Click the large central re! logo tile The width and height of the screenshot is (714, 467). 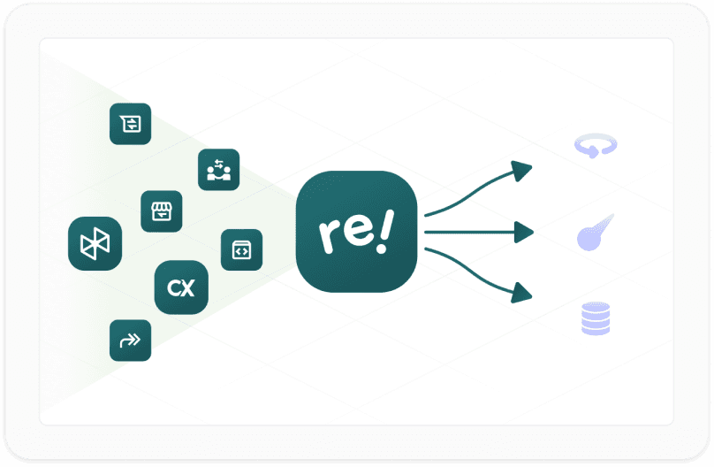click(x=356, y=232)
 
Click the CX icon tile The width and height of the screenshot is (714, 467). click(x=181, y=287)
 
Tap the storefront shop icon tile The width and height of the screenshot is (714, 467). click(x=162, y=211)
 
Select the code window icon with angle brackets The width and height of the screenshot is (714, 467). click(x=241, y=250)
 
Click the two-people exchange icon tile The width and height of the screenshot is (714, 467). click(x=218, y=170)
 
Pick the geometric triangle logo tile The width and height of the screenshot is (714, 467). click(x=95, y=243)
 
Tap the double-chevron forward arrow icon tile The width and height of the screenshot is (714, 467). click(x=130, y=341)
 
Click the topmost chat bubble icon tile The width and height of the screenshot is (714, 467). click(x=130, y=124)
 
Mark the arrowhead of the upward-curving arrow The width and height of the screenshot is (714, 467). click(x=523, y=169)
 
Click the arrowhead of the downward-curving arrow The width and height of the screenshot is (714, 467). click(x=523, y=294)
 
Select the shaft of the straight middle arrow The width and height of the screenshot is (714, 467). click(x=468, y=233)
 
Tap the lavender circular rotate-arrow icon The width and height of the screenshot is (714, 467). click(x=596, y=146)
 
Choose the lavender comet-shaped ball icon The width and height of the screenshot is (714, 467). click(x=594, y=233)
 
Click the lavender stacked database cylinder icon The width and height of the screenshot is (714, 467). click(x=596, y=318)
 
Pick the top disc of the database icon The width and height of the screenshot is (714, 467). click(x=596, y=307)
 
